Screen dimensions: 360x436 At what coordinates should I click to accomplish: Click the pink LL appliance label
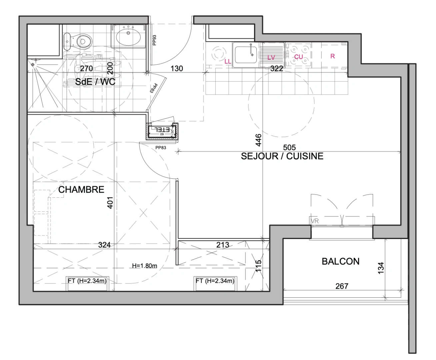click(228, 62)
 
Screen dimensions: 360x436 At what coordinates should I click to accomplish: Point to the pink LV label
click(271, 58)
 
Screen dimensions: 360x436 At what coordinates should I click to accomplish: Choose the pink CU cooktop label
click(298, 57)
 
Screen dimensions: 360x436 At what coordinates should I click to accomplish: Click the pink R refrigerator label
click(332, 56)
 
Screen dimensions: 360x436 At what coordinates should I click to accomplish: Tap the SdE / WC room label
click(95, 82)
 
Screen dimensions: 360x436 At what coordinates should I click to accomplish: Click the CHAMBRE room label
click(81, 190)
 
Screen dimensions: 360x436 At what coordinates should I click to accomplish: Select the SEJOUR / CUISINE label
click(282, 156)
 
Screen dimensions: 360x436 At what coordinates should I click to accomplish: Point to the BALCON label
click(340, 261)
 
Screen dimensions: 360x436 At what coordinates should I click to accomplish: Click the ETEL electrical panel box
click(162, 130)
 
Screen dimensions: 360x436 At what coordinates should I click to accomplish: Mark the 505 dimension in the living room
click(289, 147)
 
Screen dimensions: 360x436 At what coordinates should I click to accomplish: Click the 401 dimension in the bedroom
click(110, 202)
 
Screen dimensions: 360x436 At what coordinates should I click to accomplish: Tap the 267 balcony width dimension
click(342, 286)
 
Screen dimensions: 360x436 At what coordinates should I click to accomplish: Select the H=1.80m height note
click(144, 266)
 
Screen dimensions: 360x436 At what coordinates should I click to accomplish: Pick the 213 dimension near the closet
click(223, 245)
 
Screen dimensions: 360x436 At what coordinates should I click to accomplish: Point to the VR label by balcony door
click(315, 221)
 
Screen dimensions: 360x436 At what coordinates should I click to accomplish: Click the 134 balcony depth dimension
click(381, 268)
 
